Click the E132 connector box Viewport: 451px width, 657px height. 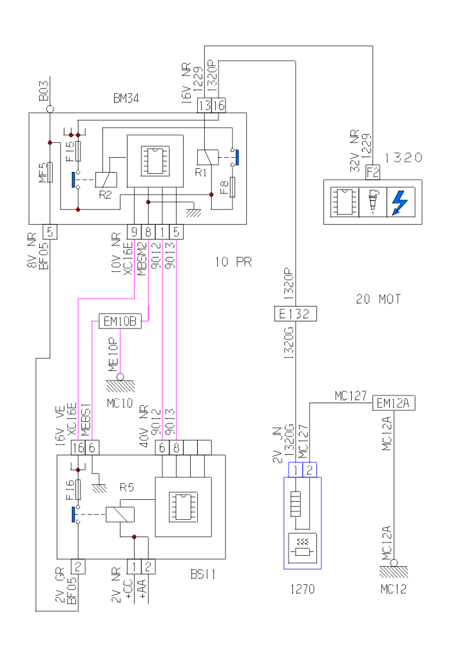click(294, 314)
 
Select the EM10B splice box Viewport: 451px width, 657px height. click(119, 321)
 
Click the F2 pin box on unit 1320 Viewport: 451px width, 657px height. click(372, 172)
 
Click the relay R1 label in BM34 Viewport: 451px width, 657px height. click(200, 173)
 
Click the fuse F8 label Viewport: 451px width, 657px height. click(224, 187)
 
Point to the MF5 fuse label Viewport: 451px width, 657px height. click(42, 173)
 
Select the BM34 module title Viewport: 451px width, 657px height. click(126, 99)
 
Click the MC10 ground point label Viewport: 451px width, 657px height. click(119, 403)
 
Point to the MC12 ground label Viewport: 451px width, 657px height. click(393, 589)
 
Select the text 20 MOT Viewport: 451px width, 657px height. click(378, 299)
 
